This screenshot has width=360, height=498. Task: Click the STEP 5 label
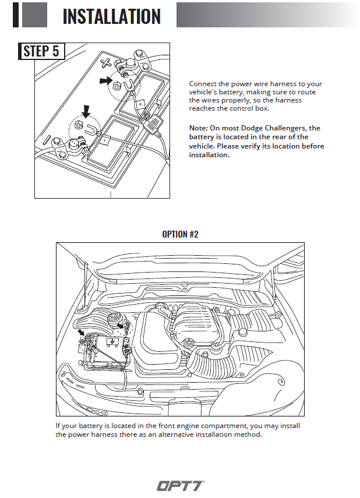pos(41,51)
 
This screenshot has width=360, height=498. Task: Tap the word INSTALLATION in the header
pos(111,16)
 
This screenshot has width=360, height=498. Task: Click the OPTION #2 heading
pos(180,234)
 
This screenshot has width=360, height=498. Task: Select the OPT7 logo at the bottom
pos(180,485)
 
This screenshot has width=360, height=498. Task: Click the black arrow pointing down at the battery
pos(86,110)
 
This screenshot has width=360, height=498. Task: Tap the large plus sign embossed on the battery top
pos(105,61)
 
